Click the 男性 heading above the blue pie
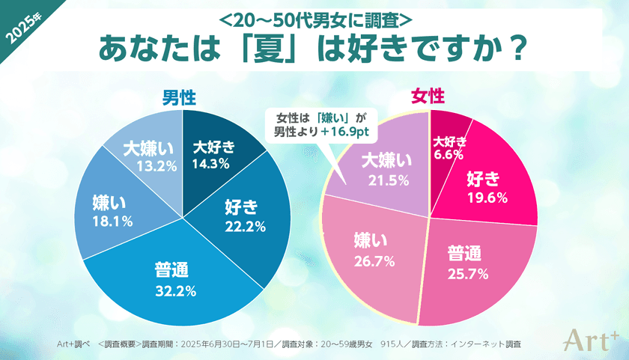click(x=180, y=97)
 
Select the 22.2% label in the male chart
click(x=240, y=225)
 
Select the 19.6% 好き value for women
click(x=487, y=198)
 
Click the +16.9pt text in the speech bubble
click(x=347, y=132)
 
